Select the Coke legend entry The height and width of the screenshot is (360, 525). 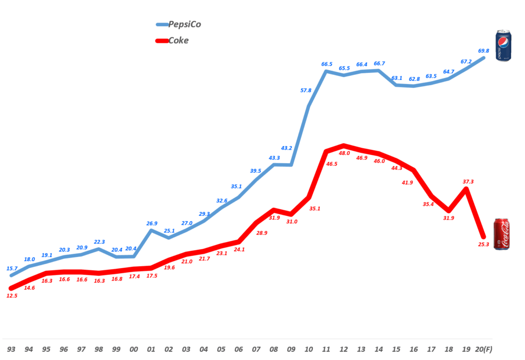pyautogui.click(x=172, y=40)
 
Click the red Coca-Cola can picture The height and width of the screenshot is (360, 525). pyautogui.click(x=501, y=234)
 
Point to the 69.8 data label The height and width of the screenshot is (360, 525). pyautogui.click(x=483, y=51)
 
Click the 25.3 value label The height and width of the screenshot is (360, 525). pyautogui.click(x=483, y=244)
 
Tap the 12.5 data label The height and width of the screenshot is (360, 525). pyautogui.click(x=12, y=296)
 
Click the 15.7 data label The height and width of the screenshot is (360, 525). pyautogui.click(x=11, y=269)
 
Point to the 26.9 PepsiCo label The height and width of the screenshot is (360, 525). pyautogui.click(x=151, y=223)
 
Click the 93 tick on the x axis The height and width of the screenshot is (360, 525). pyautogui.click(x=11, y=349)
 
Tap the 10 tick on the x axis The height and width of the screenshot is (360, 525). pyautogui.click(x=309, y=349)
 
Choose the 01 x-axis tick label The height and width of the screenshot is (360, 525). pyautogui.click(x=151, y=349)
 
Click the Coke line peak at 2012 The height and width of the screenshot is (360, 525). pyautogui.click(x=344, y=146)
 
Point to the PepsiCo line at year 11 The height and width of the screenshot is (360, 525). pyautogui.click(x=326, y=71)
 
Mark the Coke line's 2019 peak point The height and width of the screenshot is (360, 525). pyautogui.click(x=466, y=189)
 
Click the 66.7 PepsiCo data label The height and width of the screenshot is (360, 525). pyautogui.click(x=379, y=64)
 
